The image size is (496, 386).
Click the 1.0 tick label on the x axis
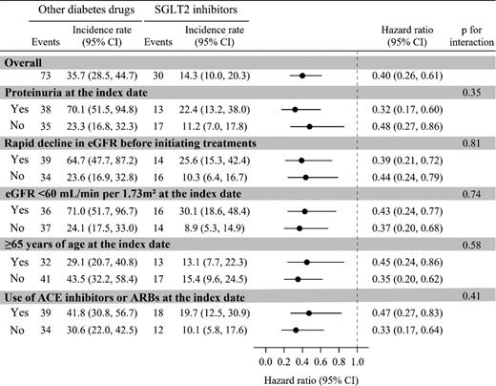357,363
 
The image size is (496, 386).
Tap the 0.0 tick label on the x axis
265,363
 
